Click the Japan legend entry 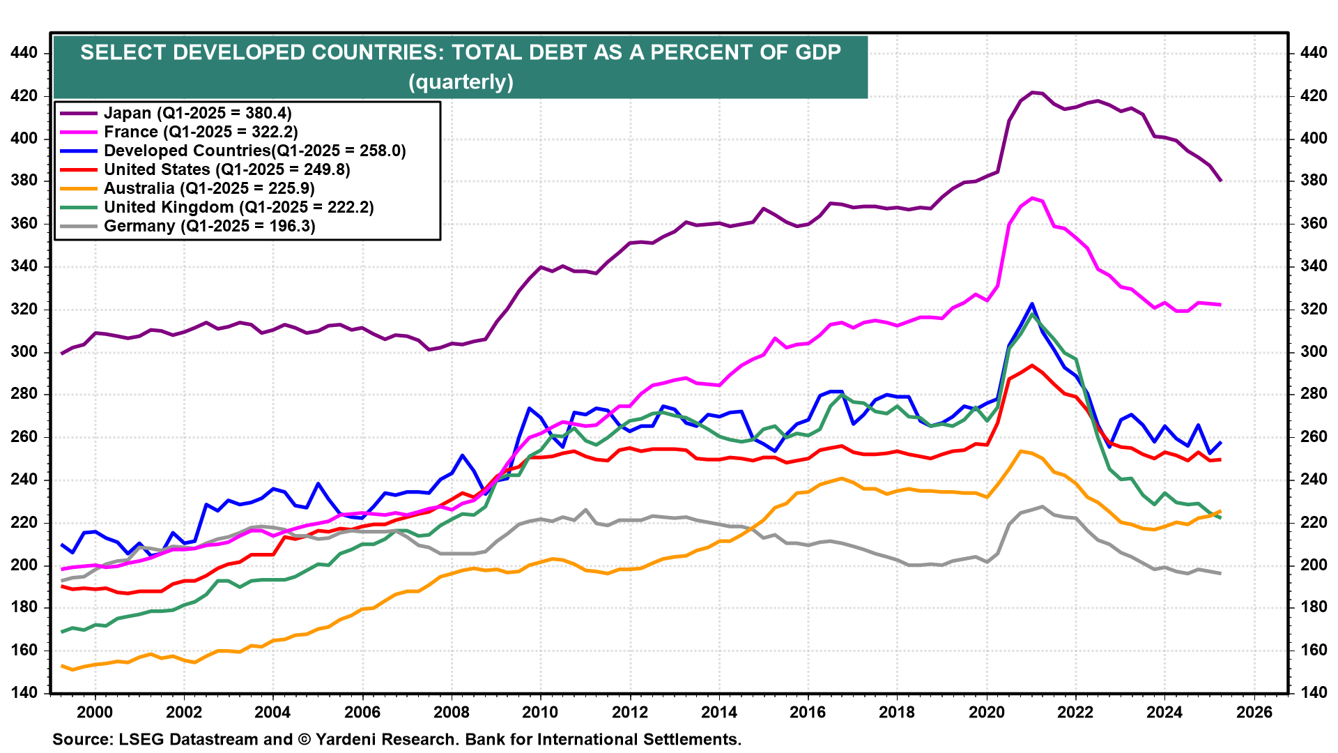click(197, 113)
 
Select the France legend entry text click(201, 132)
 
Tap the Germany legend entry click(209, 226)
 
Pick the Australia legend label click(209, 188)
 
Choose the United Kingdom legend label click(238, 207)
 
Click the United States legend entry click(226, 169)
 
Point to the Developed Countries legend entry click(254, 151)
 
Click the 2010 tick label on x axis click(540, 712)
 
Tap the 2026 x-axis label click(1254, 712)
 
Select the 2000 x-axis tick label click(94, 712)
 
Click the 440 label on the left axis click(25, 53)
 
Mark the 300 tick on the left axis click(25, 352)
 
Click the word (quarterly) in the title click(461, 82)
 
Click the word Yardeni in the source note click(348, 739)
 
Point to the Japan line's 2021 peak click(1033, 92)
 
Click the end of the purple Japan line click(1220, 181)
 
